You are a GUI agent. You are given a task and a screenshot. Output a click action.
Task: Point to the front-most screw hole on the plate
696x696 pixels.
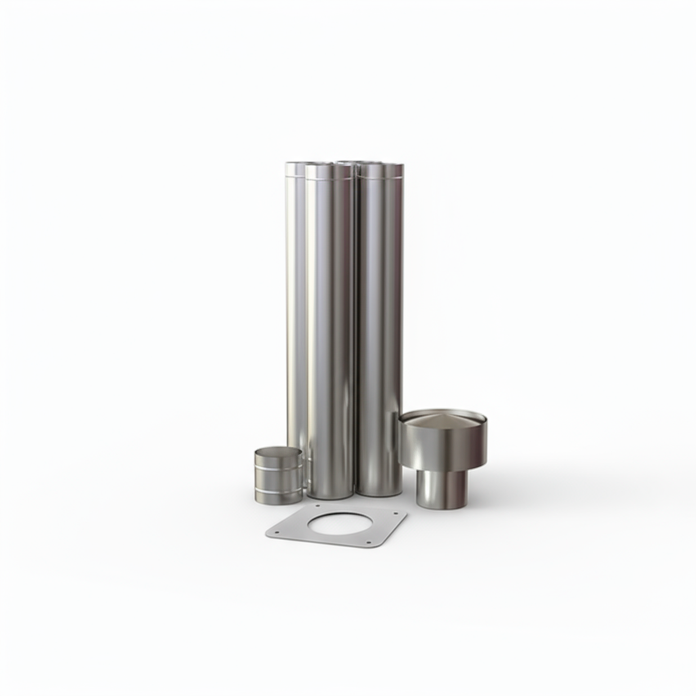pos(368,542)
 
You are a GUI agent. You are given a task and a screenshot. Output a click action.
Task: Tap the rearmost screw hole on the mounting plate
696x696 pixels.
pos(317,506)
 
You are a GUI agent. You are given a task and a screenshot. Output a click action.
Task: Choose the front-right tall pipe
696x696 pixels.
pos(380,334)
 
